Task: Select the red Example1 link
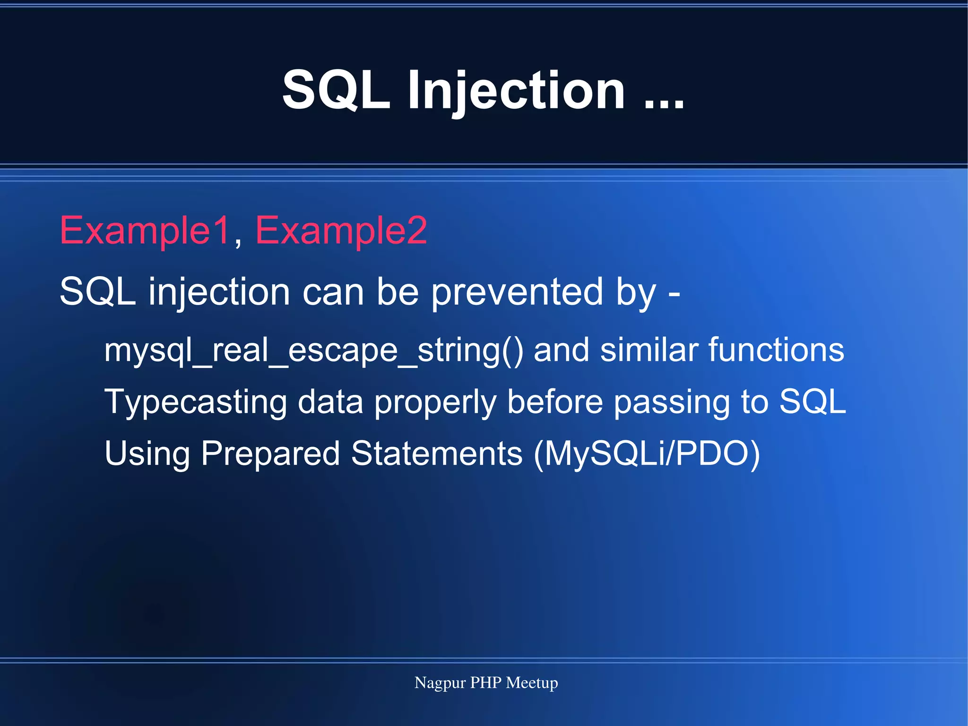click(x=145, y=230)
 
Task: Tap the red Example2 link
click(x=341, y=230)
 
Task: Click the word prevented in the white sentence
click(x=518, y=292)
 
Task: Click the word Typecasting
click(x=195, y=402)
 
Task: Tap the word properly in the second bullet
click(x=435, y=402)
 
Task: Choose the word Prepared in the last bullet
click(x=270, y=454)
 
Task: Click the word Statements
click(x=437, y=454)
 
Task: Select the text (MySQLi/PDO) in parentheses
click(x=647, y=454)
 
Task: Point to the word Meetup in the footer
click(x=532, y=683)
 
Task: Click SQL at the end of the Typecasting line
click(x=812, y=402)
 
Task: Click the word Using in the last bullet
click(x=147, y=454)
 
